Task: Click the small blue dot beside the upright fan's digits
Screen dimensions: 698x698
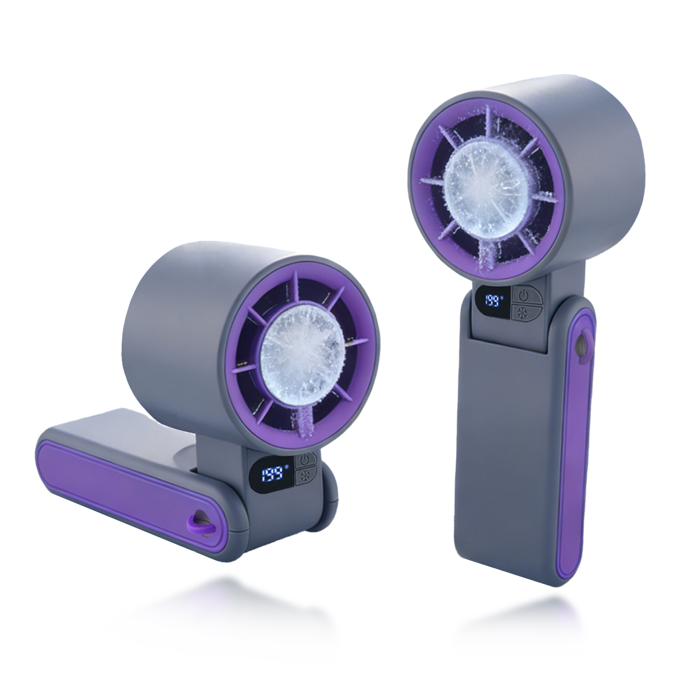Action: [503, 296]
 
